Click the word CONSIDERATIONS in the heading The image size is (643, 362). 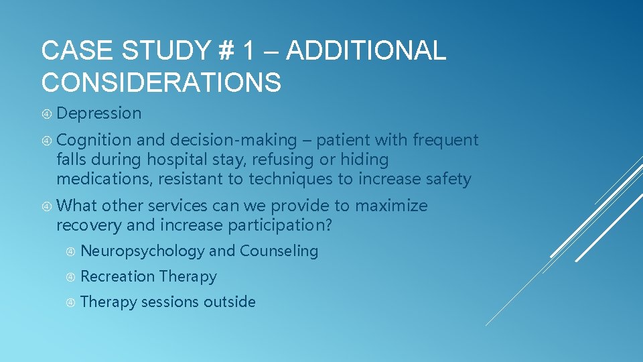pos(161,83)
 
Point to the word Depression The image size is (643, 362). pos(99,114)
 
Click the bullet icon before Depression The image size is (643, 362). pos(46,114)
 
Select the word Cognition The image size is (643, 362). pos(94,140)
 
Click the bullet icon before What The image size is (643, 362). pos(46,206)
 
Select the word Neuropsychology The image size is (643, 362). pos(143,251)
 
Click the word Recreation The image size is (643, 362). pos(117,276)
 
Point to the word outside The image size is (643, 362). pos(230,302)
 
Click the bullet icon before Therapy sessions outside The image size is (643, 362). pos(70,302)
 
